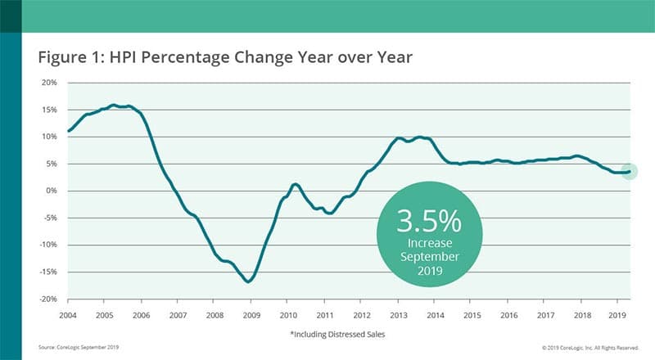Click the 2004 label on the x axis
(68, 314)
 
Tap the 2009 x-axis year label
(251, 314)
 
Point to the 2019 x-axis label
(617, 314)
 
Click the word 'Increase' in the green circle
(429, 244)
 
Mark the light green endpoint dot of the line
(629, 171)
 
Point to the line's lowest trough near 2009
(247, 281)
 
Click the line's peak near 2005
(114, 105)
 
